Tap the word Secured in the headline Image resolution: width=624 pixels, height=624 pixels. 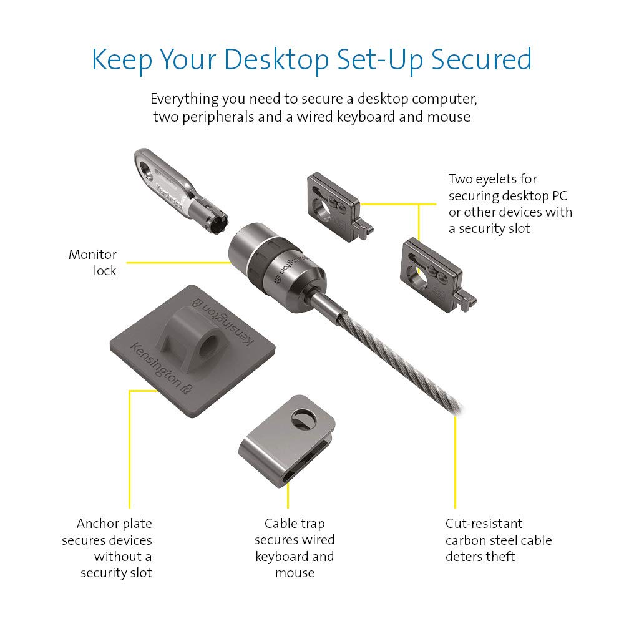pyautogui.click(x=482, y=59)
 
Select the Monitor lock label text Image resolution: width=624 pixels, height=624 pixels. pyautogui.click(x=93, y=262)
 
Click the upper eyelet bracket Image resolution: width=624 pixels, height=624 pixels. pyautogui.click(x=339, y=207)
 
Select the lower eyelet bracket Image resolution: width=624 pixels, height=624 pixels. pyautogui.click(x=437, y=275)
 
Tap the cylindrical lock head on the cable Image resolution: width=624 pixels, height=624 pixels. pyautogui.click(x=276, y=268)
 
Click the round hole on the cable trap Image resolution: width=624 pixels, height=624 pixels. pyautogui.click(x=304, y=419)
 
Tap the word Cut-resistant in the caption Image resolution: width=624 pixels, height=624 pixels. pyautogui.click(x=484, y=524)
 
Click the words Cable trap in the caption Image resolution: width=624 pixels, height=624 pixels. pyautogui.click(x=295, y=524)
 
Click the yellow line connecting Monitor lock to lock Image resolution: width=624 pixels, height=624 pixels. pyautogui.click(x=178, y=263)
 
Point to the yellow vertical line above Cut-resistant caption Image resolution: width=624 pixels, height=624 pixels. pyautogui.click(x=456, y=462)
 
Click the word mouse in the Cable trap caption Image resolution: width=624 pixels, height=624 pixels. pyautogui.click(x=295, y=573)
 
